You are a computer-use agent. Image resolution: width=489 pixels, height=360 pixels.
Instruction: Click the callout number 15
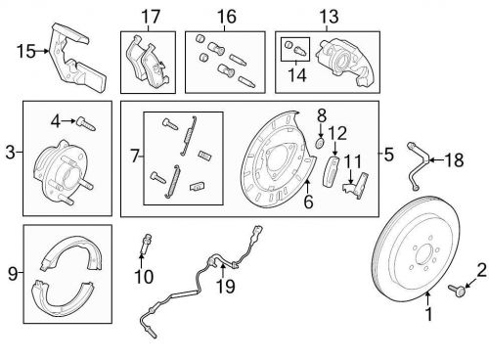[26, 52]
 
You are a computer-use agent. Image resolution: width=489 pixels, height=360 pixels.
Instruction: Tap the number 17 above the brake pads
[151, 17]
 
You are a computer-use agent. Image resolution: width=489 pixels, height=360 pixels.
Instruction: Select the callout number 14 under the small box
[297, 74]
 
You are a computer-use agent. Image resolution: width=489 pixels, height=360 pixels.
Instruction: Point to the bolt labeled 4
[86, 123]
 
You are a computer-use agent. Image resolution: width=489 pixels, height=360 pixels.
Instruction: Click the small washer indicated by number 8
[320, 142]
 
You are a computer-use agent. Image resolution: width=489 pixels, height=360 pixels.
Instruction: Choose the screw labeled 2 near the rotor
[456, 290]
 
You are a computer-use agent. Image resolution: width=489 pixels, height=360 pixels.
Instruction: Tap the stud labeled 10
[145, 245]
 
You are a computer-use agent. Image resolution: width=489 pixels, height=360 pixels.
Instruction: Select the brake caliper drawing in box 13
[344, 62]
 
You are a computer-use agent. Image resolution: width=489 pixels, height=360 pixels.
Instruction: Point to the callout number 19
[226, 287]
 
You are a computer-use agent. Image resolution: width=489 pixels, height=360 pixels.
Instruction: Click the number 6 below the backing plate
[308, 202]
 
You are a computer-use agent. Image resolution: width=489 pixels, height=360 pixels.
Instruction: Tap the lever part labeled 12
[331, 171]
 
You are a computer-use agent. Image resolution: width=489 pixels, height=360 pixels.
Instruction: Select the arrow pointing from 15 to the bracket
[42, 51]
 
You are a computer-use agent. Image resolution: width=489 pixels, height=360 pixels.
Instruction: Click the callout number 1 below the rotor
[429, 314]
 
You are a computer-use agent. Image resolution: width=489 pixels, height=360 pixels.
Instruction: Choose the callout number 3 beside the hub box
[11, 152]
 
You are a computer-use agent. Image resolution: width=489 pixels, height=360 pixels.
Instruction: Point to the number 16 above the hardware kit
[227, 17]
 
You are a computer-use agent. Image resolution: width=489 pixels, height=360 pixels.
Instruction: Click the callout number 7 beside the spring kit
[135, 156]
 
